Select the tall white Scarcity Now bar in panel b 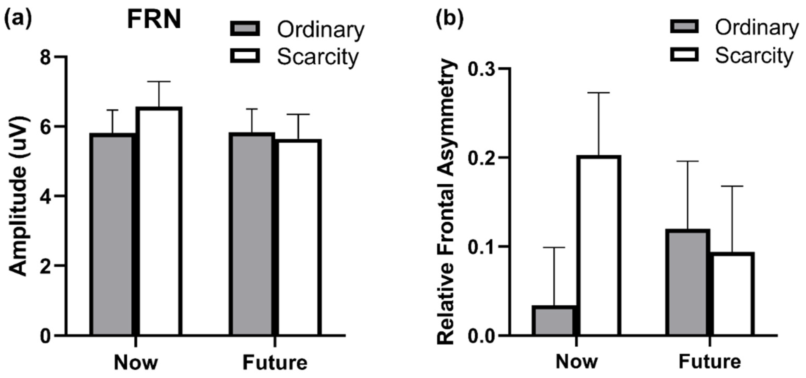tap(598, 246)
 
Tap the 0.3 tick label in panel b tap(481, 68)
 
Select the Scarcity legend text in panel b tap(754, 56)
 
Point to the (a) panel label tap(18, 19)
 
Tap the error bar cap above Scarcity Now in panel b tap(598, 93)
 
